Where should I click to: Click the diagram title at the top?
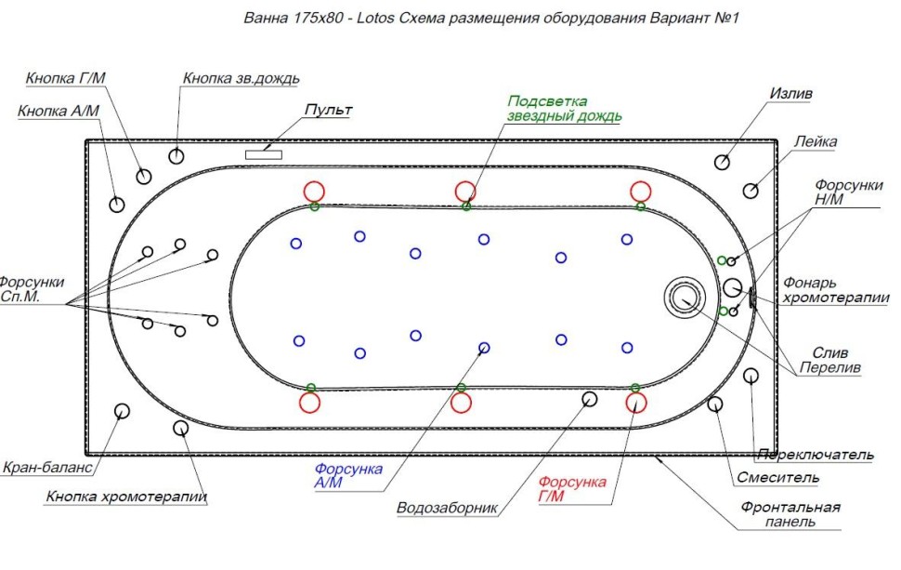click(x=490, y=18)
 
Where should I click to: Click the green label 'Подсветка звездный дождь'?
click(x=564, y=108)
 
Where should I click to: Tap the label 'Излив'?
click(x=791, y=94)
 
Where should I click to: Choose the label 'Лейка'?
click(x=816, y=141)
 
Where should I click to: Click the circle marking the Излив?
click(x=722, y=162)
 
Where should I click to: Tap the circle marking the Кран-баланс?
click(x=121, y=411)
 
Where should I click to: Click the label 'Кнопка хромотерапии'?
click(x=126, y=497)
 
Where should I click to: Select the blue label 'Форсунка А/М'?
click(x=348, y=476)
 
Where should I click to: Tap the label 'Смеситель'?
click(x=777, y=478)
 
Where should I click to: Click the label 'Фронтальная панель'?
click(x=790, y=514)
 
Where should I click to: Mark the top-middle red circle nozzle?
click(x=465, y=191)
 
